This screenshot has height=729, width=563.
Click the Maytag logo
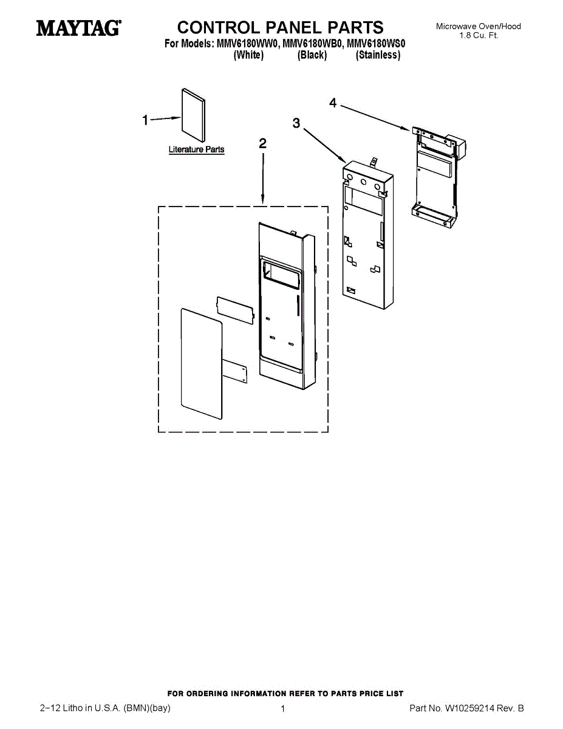tap(78, 28)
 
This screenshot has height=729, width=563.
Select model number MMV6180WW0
tap(246, 44)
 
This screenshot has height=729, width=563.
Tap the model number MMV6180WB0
tap(311, 44)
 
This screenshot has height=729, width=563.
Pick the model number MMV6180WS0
tap(375, 44)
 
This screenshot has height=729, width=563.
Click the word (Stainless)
tap(378, 55)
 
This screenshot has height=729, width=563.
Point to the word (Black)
tap(312, 55)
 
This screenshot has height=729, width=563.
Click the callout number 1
tap(145, 120)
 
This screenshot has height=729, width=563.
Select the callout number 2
tap(262, 144)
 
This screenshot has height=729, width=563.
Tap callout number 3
tap(296, 123)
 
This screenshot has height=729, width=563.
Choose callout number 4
tap(333, 103)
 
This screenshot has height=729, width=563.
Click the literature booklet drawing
tap(193, 115)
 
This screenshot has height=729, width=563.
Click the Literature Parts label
tap(196, 149)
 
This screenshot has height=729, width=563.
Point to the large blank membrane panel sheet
tap(202, 364)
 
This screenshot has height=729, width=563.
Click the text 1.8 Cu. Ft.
tap(479, 35)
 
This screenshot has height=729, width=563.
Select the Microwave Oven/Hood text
tap(479, 26)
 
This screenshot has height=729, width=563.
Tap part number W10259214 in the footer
tap(471, 708)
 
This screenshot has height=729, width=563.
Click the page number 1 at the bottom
tap(283, 709)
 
